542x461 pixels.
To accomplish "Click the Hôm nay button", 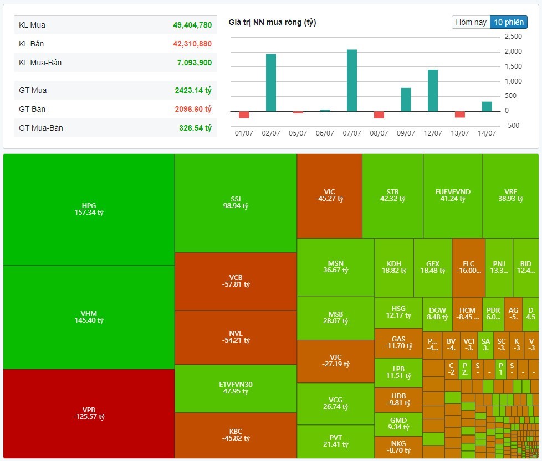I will coord(471,22).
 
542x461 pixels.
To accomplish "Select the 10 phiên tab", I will coord(508,22).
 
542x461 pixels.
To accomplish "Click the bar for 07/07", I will coord(352,80).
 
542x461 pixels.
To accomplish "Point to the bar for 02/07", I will coord(271,82).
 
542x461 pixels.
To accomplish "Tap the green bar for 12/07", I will coord(433,90).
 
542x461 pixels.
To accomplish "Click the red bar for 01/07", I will coord(244,115).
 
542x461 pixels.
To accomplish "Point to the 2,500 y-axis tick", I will coord(513,37).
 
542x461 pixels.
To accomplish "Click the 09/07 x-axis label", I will coord(406,133).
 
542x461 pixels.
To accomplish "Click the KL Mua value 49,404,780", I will coord(192,25).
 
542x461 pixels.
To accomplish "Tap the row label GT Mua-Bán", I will coord(41,128).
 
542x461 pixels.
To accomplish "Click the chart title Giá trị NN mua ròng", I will coord(272,22).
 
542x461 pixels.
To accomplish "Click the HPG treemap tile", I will coord(89,209).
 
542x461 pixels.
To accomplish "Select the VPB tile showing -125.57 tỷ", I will coord(89,413).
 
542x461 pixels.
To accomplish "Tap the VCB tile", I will coord(236,281).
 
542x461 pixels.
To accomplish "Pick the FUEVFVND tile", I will coord(453,195).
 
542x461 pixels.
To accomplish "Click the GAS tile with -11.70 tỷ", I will coord(398,343).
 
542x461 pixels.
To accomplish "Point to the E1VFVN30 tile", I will coord(236,387).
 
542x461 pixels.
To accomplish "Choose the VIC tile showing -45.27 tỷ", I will coord(329,195).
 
